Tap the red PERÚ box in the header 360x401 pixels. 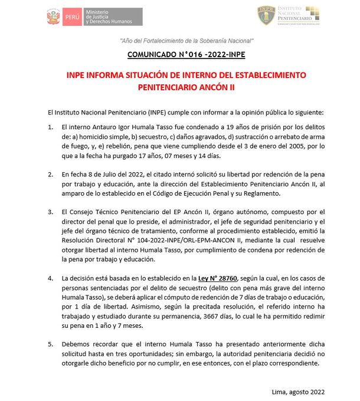(x=72, y=17)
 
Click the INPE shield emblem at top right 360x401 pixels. (x=265, y=15)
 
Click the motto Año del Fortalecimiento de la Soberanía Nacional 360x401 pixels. (x=186, y=41)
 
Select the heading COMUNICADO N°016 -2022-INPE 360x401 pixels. (x=186, y=56)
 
